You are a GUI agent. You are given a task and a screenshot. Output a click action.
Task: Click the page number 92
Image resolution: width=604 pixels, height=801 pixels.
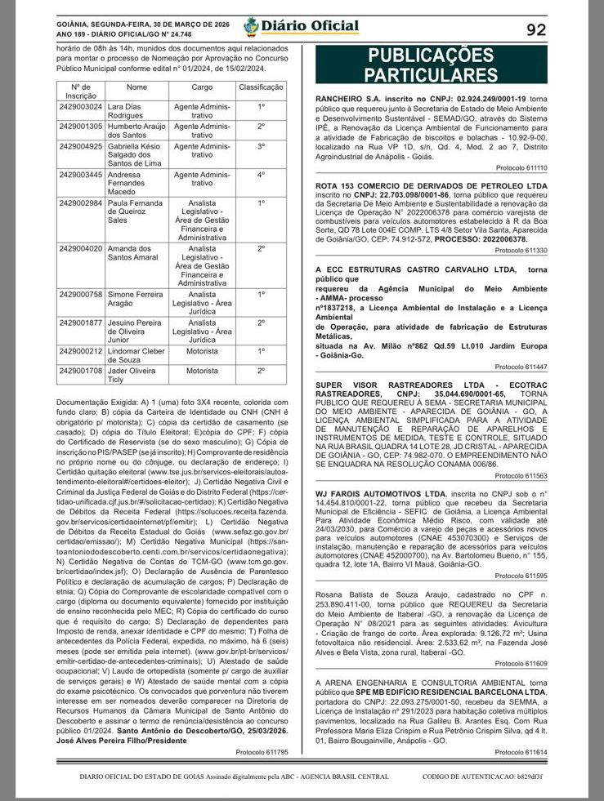(536, 30)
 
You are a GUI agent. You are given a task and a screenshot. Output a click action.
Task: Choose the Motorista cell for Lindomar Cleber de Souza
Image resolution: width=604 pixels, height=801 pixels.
(202, 351)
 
